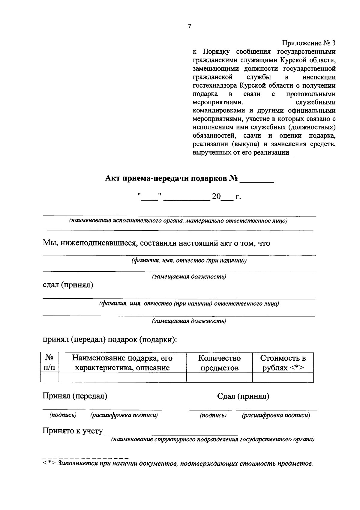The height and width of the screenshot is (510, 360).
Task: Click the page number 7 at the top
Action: pos(189,26)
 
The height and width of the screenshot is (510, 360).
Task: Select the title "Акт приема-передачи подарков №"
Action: pos(172,179)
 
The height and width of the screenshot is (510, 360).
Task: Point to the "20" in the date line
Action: pos(216,197)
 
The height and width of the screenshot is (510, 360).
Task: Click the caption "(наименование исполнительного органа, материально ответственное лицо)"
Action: pos(178,221)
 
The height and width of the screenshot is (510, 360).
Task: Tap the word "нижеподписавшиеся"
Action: pos(99,243)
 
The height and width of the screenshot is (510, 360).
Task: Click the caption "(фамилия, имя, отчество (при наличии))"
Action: pos(189,261)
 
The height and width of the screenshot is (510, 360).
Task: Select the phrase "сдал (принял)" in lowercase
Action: pos(68,285)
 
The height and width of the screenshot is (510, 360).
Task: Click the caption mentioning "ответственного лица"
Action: pos(189,304)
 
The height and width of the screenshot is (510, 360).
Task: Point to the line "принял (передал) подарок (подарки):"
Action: pos(110,339)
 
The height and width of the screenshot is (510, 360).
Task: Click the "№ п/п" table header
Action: pos(49,362)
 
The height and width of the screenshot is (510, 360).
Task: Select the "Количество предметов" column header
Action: pos(219,362)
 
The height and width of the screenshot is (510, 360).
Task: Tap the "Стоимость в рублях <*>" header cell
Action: pos(283,362)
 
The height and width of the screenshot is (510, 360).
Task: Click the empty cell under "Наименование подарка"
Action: pos(122,377)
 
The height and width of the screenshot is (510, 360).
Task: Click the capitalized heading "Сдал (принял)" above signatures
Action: pos(243,396)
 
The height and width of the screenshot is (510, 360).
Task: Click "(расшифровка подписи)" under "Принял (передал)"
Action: pos(124,415)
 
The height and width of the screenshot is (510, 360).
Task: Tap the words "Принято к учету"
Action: pos(73,431)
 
